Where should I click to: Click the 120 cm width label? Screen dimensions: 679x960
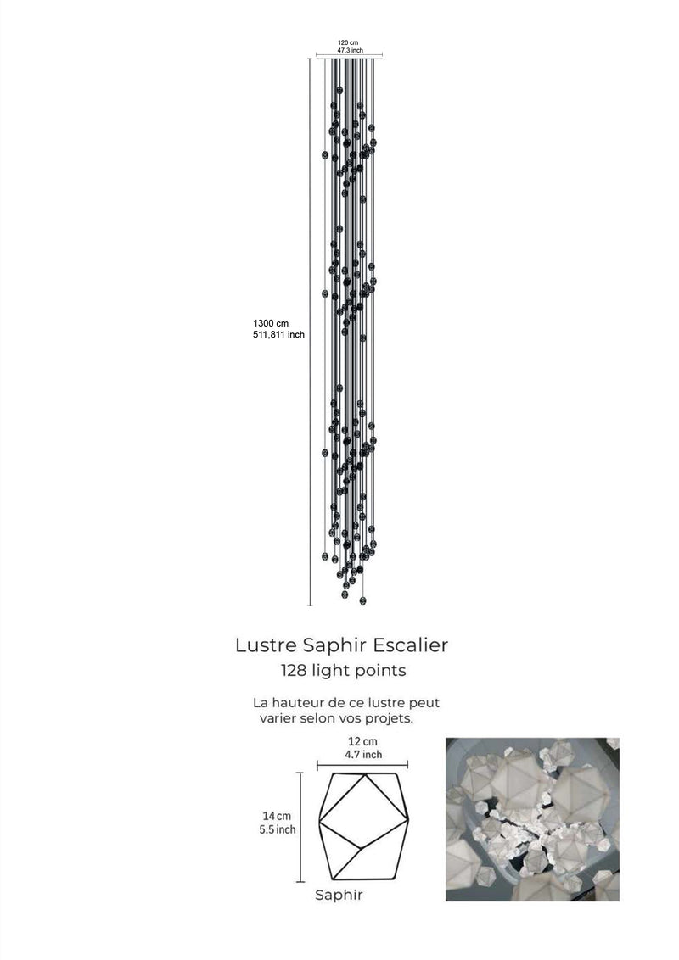pyautogui.click(x=348, y=43)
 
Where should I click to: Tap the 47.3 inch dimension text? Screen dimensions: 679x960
pyautogui.click(x=350, y=50)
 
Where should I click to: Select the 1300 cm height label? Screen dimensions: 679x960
pyautogui.click(x=271, y=323)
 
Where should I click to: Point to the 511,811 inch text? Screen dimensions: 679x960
pyautogui.click(x=279, y=334)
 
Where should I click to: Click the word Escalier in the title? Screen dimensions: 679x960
pyautogui.click(x=411, y=645)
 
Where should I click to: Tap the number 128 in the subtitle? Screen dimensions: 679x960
pyautogui.click(x=294, y=671)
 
